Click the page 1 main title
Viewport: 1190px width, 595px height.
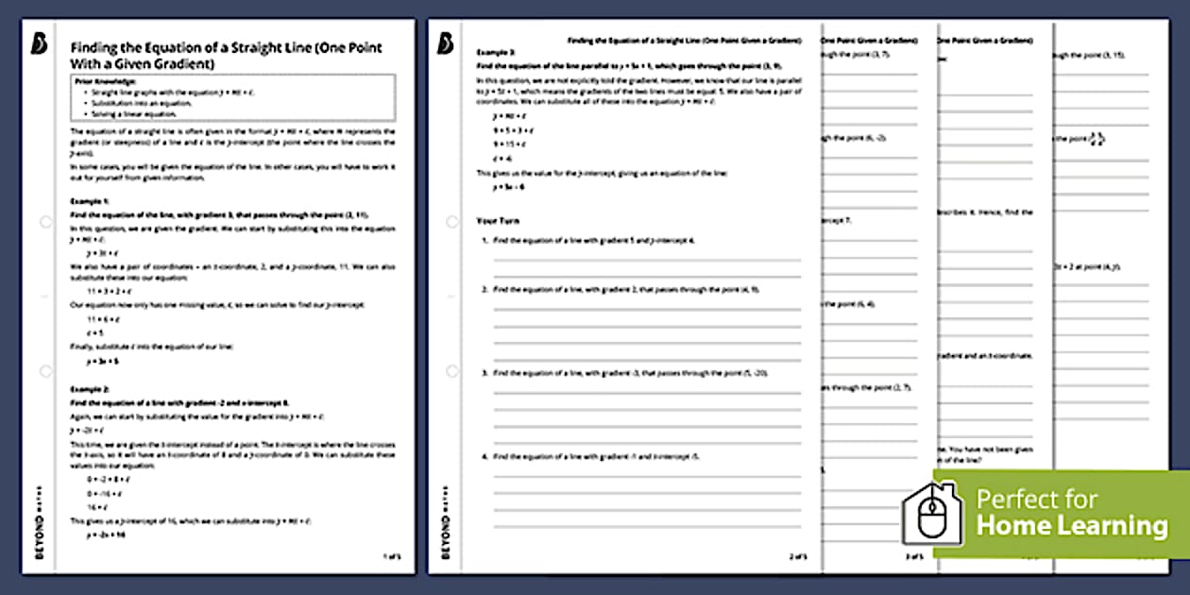click(227, 55)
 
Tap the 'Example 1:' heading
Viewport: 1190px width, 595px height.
click(90, 202)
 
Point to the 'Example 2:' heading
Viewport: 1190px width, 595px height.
click(90, 389)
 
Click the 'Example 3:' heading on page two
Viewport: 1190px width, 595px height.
click(495, 53)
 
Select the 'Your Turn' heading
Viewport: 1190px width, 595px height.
click(498, 220)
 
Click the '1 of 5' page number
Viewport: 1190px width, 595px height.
click(392, 556)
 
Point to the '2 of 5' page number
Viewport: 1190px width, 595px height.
click(799, 556)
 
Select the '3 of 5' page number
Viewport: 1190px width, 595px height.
click(913, 556)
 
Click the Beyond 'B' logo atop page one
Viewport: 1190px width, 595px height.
click(38, 44)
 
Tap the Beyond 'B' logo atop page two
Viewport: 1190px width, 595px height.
click(447, 43)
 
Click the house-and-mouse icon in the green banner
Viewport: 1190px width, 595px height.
click(931, 514)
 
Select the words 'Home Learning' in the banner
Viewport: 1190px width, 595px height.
click(1071, 525)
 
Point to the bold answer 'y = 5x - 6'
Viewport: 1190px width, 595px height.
click(508, 187)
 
